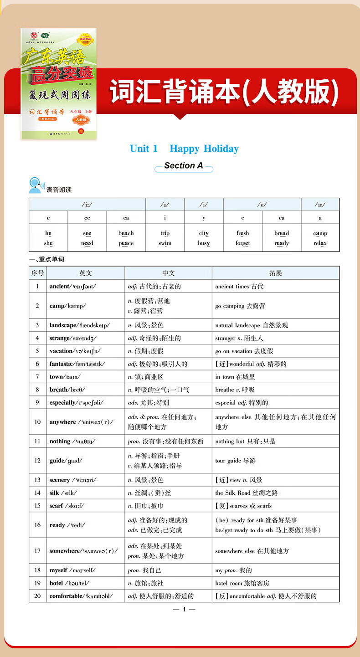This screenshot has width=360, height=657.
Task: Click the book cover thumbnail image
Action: [x=59, y=84]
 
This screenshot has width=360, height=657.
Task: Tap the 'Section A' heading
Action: [x=184, y=166]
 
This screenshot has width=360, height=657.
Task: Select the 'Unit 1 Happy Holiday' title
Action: [x=184, y=149]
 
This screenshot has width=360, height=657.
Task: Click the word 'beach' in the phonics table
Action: [x=126, y=233]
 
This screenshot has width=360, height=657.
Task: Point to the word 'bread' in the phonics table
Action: [x=282, y=233]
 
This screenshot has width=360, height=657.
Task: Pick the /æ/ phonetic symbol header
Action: [x=320, y=205]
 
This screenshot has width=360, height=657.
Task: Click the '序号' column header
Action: [x=37, y=273]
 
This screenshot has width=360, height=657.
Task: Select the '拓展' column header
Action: [x=275, y=273]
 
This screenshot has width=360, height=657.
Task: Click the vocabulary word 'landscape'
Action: [x=63, y=325]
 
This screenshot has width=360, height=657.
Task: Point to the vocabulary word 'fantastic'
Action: [x=61, y=364]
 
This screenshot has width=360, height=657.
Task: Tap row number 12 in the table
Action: [x=37, y=461]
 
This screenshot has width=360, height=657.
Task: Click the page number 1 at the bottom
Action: [x=184, y=610]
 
